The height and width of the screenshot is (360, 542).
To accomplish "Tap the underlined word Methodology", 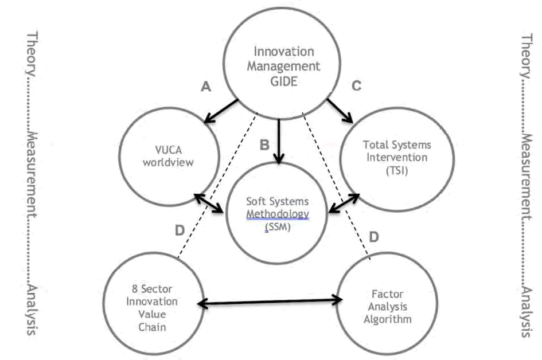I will pos(278,214).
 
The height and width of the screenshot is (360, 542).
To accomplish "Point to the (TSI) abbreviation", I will pos(396,170).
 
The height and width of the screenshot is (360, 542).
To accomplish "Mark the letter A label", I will pos(206,87).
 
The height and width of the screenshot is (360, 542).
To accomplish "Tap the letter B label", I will pos(264,144).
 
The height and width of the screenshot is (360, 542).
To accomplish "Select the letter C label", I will pos(356,87).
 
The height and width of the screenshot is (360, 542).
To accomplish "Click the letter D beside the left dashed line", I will pos(179,230).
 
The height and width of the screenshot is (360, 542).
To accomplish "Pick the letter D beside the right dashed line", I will pos(373,236).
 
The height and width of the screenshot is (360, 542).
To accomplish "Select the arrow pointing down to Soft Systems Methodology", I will pos(279,141).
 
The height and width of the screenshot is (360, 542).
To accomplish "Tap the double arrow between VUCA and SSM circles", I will pos(209,204).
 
